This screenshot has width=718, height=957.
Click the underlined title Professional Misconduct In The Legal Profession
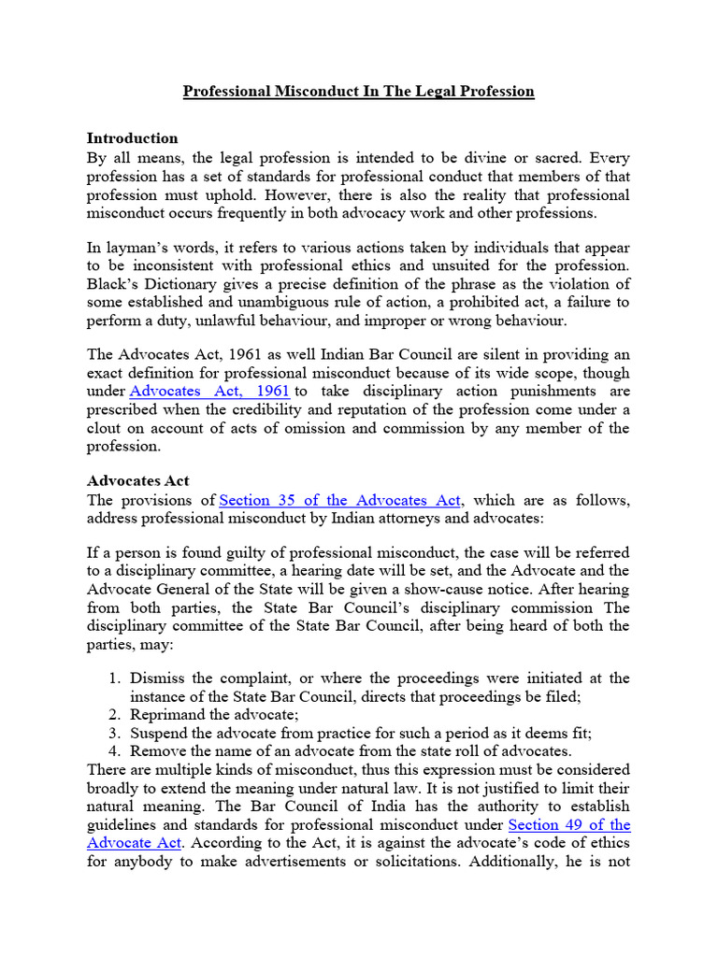point(358,91)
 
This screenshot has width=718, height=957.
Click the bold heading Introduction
point(132,138)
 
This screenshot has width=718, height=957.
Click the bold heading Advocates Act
point(138,480)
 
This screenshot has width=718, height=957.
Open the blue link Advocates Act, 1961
point(208,391)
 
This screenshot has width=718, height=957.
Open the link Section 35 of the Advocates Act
point(340,500)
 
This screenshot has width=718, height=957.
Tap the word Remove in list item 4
point(156,750)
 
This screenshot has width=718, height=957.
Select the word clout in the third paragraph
point(107,428)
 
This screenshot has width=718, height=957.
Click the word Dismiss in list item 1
point(156,678)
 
